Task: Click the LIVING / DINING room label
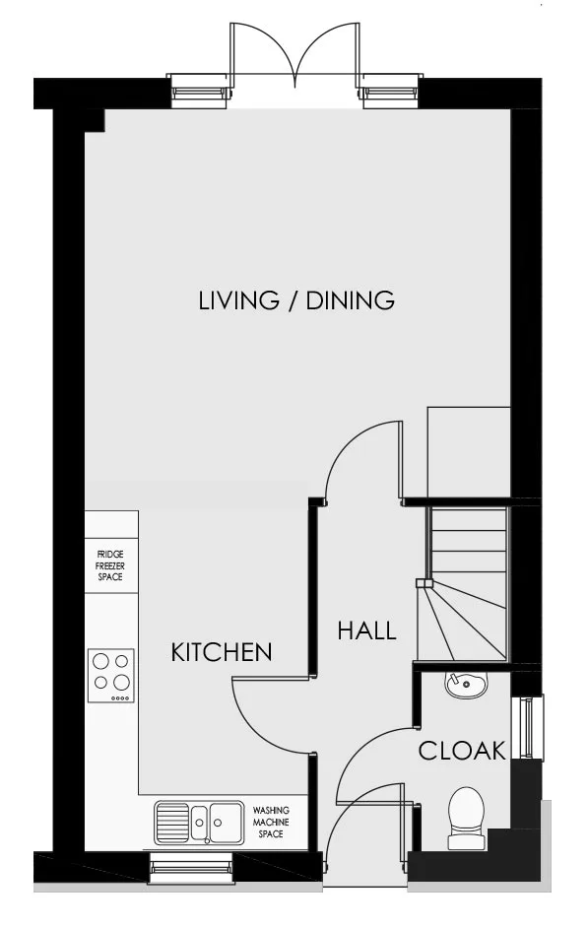(296, 300)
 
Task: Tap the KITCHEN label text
(222, 652)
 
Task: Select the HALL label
(366, 630)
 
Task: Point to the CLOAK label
(462, 751)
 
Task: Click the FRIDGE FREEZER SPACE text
(110, 565)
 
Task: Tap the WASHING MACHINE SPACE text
(271, 822)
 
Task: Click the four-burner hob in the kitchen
(111, 676)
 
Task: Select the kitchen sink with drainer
(199, 823)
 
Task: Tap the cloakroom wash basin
(467, 686)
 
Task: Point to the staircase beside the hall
(463, 583)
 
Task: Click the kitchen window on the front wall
(190, 868)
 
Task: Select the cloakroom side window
(527, 728)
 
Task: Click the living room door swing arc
(349, 441)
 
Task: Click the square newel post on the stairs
(421, 583)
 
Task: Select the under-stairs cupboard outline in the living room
(469, 452)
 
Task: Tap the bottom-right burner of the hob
(121, 683)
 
